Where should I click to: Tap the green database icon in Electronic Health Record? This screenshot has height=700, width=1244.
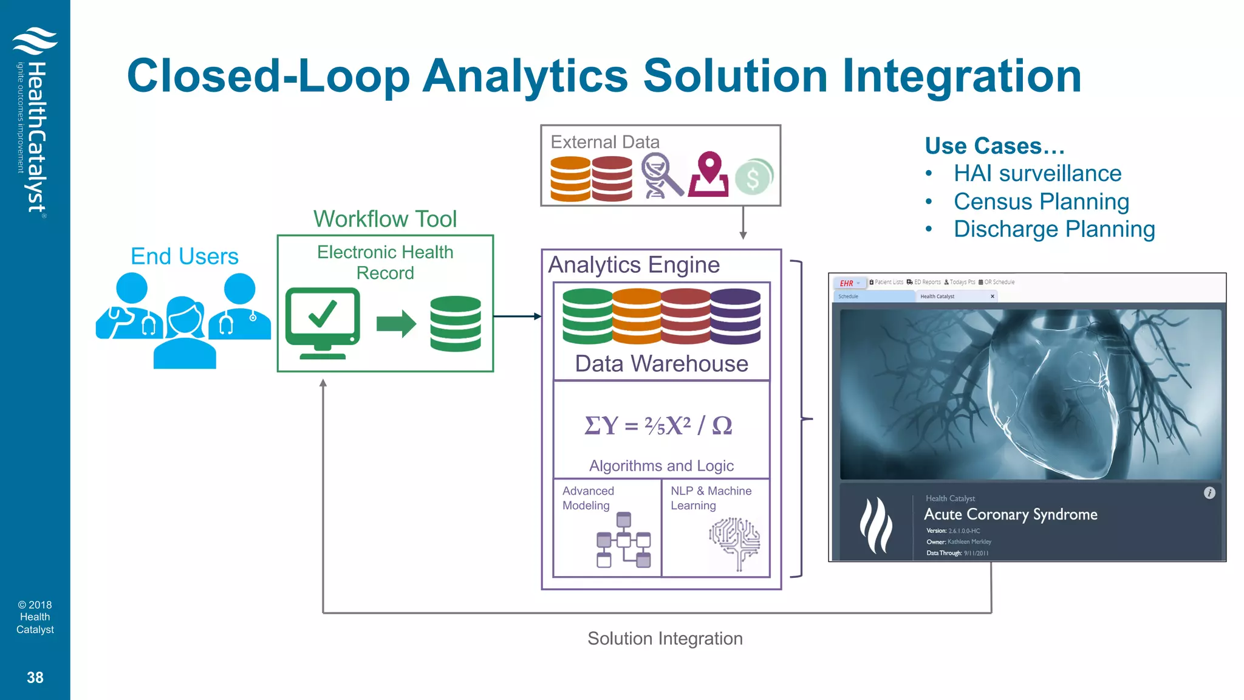pyautogui.click(x=455, y=323)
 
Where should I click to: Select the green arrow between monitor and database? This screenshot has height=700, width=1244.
pyautogui.click(x=396, y=323)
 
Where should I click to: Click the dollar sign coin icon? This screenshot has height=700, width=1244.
pyautogui.click(x=753, y=177)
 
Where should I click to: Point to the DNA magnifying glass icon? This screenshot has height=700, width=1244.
pyautogui.click(x=661, y=176)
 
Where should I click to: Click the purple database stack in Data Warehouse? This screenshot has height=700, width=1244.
pyautogui.click(x=735, y=316)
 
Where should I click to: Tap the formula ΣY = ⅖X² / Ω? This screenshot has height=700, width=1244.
pyautogui.click(x=658, y=425)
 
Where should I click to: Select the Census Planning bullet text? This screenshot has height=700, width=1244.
pyautogui.click(x=1041, y=201)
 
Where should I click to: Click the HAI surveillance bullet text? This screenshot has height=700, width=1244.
pyautogui.click(x=1037, y=173)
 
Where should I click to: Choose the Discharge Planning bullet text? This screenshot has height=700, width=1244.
pyautogui.click(x=1054, y=229)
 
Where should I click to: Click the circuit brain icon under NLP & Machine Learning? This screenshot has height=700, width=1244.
pyautogui.click(x=735, y=543)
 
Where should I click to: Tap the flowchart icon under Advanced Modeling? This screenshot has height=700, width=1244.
pyautogui.click(x=623, y=540)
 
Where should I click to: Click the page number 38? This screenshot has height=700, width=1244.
pyautogui.click(x=35, y=678)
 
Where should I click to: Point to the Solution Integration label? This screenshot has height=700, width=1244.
pyautogui.click(x=665, y=639)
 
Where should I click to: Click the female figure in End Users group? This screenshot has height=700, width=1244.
pyautogui.click(x=185, y=333)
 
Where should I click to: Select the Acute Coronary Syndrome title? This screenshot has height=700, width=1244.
pyautogui.click(x=1010, y=515)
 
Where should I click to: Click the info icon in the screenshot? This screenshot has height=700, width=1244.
pyautogui.click(x=1209, y=493)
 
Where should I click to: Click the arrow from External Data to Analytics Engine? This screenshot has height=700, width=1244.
pyautogui.click(x=743, y=223)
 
